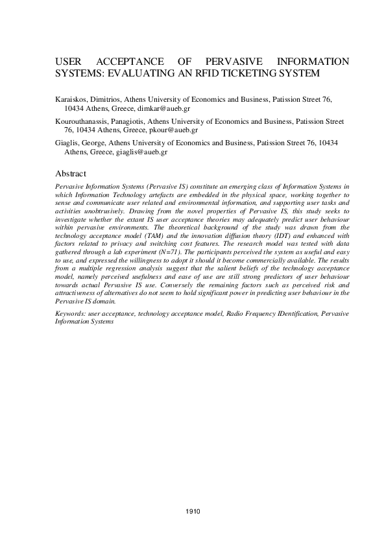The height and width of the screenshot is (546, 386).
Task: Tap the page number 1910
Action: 193,511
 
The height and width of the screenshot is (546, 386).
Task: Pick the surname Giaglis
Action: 68,143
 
